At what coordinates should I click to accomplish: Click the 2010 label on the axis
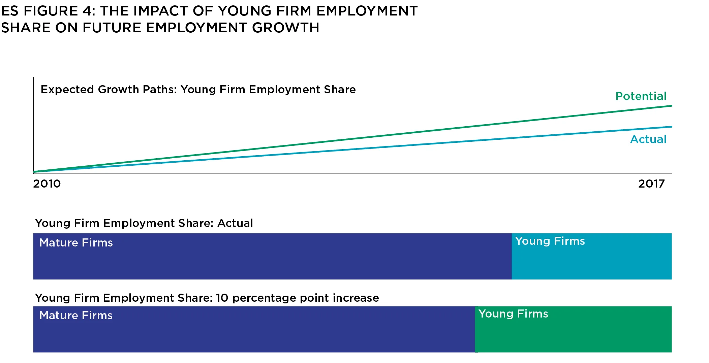coord(47,184)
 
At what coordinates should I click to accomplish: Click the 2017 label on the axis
coord(651,184)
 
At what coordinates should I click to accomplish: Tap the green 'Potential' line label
coord(641,96)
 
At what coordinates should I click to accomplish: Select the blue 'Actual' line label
coord(648,139)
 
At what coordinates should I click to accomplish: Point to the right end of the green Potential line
coord(671,106)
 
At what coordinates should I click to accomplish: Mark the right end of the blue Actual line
coord(671,127)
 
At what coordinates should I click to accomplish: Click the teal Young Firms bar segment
coord(591,261)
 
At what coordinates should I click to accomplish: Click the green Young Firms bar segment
coord(573,333)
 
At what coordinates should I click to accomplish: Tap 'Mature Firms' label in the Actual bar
coord(76,243)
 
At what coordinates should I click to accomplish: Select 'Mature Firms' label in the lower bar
coord(76,316)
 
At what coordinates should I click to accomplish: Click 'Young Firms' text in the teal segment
coord(550,241)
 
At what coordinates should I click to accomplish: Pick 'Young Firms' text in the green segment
coord(513,314)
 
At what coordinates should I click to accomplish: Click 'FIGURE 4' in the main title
coord(59,11)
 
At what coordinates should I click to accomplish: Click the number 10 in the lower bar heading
coord(222,298)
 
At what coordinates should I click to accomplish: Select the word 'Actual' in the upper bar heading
coord(235,223)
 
